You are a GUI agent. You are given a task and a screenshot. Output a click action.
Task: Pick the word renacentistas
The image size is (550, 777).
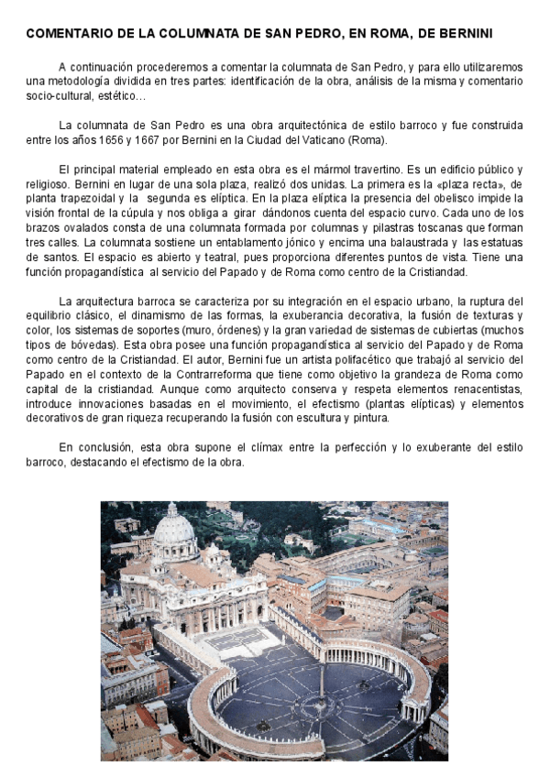click(485, 388)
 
